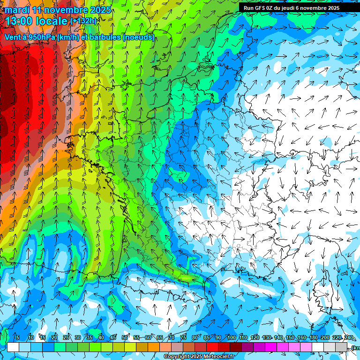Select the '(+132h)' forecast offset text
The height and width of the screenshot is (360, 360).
83,21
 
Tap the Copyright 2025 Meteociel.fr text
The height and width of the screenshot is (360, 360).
199,357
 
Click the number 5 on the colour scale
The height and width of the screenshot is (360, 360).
18,338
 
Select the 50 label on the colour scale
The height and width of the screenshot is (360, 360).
125,338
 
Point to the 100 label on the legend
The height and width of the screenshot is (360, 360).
231,338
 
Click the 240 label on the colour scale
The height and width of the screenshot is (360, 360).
348,338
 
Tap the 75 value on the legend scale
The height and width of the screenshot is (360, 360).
183,338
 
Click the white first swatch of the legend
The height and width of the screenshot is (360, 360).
13,347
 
